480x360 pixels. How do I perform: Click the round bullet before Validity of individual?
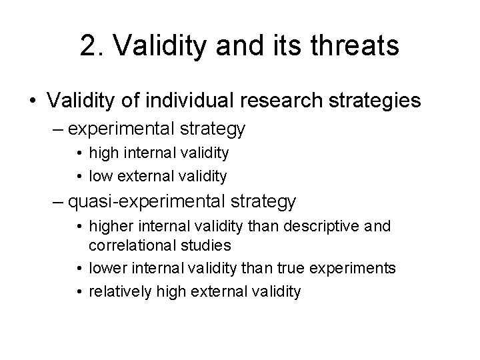(32, 101)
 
